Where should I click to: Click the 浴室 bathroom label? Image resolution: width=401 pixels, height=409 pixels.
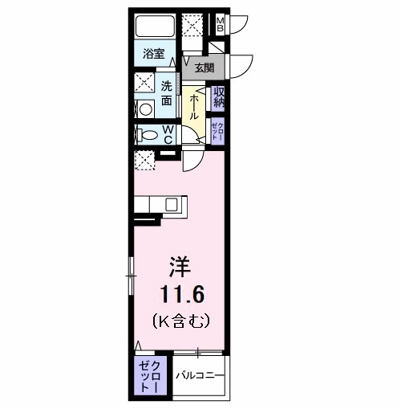pyautogui.click(x=154, y=55)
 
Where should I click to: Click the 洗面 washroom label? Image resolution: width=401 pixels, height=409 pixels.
pyautogui.click(x=167, y=93)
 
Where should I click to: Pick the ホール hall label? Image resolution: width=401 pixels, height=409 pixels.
pyautogui.click(x=193, y=104)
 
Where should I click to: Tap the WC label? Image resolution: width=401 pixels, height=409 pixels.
pyautogui.click(x=169, y=134)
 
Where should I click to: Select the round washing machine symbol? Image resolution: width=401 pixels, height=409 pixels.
pyautogui.click(x=146, y=109)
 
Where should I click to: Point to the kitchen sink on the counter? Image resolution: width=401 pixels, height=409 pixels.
pyautogui.click(x=172, y=204)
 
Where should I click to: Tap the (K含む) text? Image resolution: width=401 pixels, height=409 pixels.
pyautogui.click(x=180, y=320)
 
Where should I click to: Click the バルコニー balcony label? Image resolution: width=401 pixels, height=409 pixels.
pyautogui.click(x=199, y=374)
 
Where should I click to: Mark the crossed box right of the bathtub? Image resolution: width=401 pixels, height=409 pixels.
pyautogui.click(x=192, y=25)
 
